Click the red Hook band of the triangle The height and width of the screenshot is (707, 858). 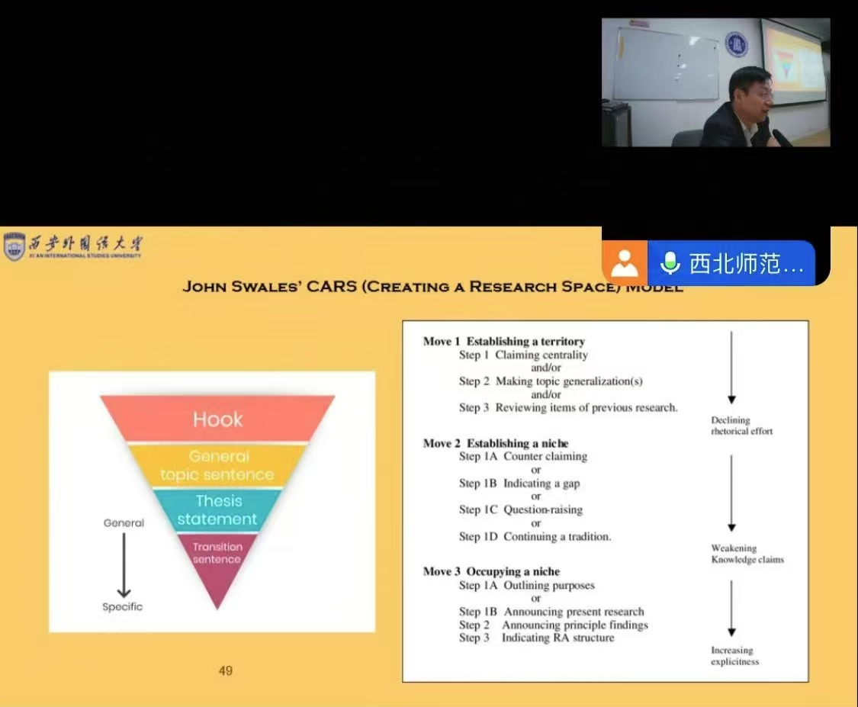click(217, 419)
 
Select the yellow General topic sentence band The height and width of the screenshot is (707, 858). click(217, 465)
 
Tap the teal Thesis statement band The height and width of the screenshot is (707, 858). click(217, 510)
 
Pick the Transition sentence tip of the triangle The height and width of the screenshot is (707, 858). click(217, 557)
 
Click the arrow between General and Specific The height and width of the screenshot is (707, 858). click(123, 565)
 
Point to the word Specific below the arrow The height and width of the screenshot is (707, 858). click(123, 607)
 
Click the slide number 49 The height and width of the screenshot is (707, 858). click(225, 671)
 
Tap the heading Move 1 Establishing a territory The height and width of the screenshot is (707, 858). click(504, 342)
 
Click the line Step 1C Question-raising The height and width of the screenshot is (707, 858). click(520, 509)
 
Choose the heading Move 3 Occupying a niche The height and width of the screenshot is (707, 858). click(491, 572)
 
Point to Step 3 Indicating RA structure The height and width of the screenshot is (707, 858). click(536, 638)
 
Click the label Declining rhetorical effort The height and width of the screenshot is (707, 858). click(741, 426)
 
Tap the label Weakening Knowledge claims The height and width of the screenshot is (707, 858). click(747, 554)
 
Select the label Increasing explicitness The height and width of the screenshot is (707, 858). click(734, 656)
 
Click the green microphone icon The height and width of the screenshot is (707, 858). click(670, 263)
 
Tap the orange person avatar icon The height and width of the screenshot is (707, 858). click(625, 263)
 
